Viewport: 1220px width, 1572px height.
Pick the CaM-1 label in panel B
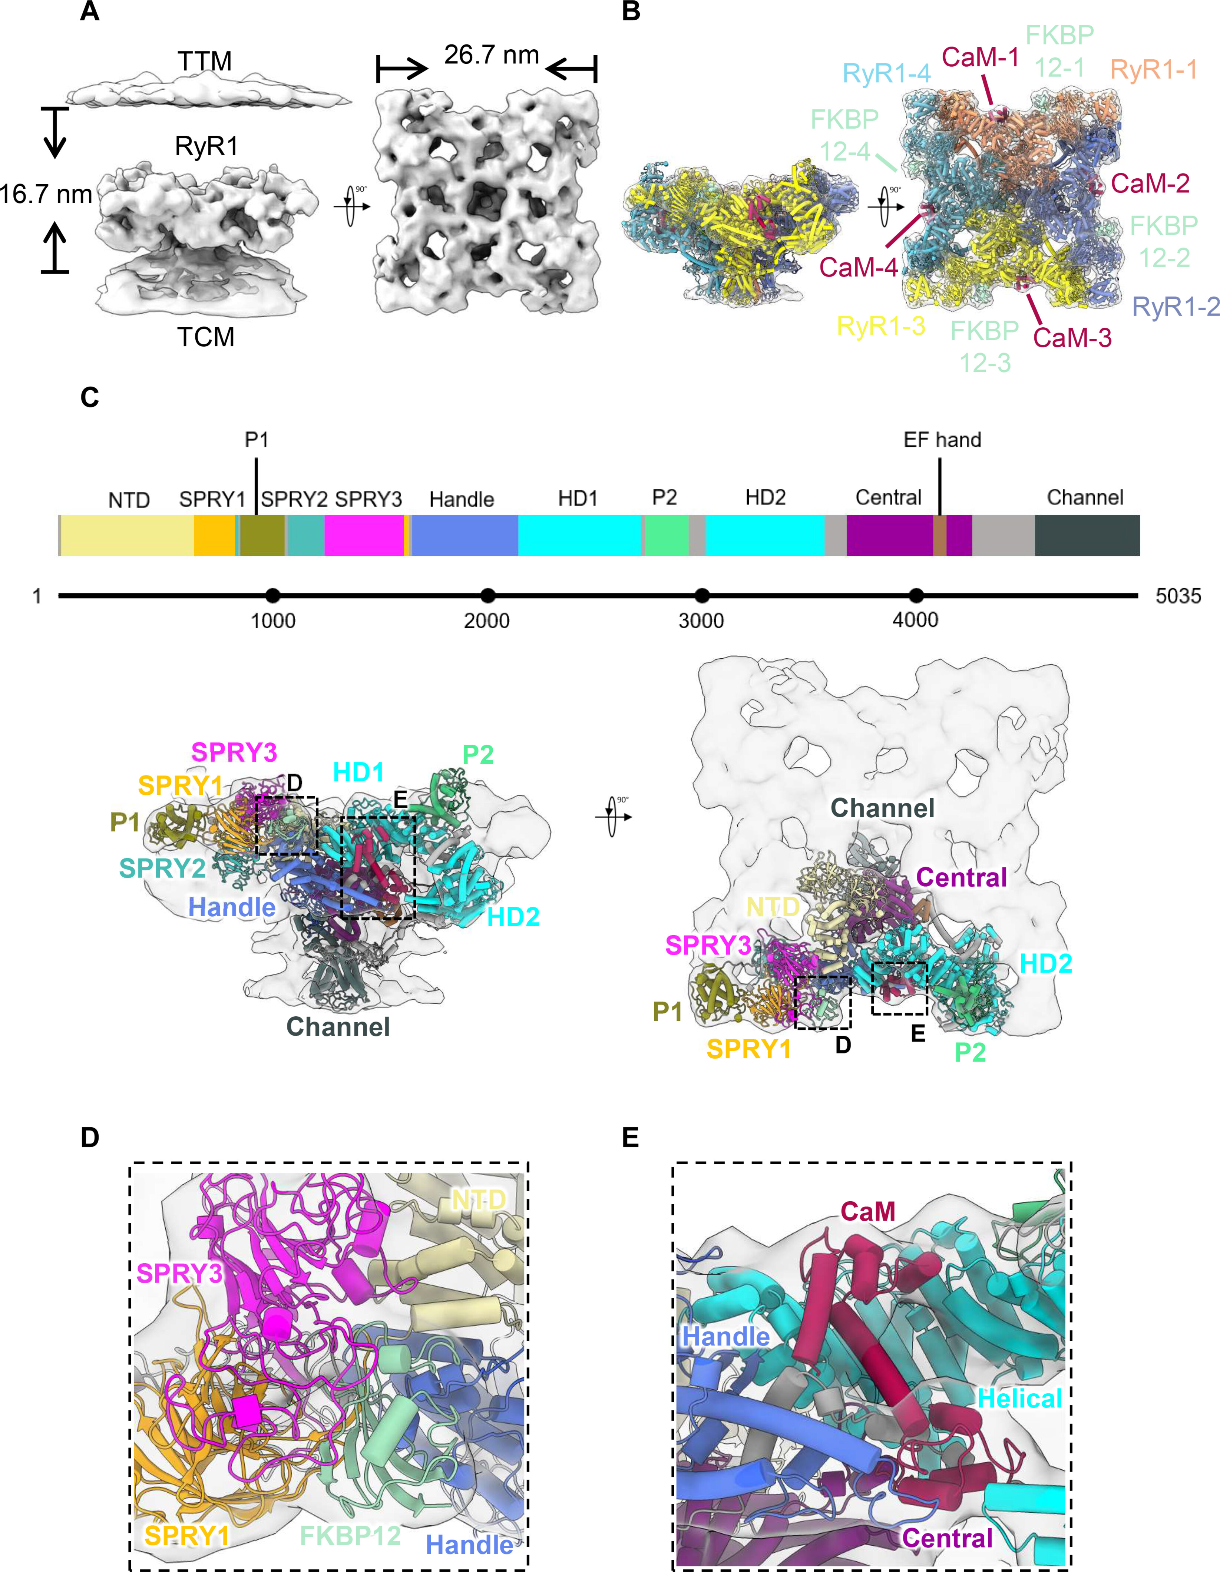[x=980, y=57]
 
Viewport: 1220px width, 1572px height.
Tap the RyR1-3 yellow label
[x=880, y=326]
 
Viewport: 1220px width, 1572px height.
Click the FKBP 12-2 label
[x=1163, y=241]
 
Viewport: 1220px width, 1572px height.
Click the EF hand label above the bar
[x=942, y=440]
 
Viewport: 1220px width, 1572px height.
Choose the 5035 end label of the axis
[x=1177, y=596]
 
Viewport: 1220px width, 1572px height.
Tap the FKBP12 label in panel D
[x=350, y=1535]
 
